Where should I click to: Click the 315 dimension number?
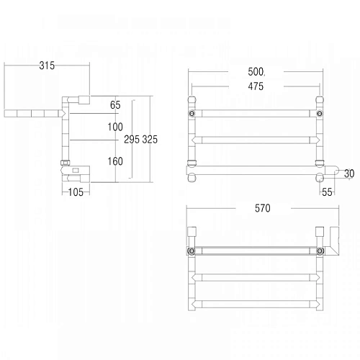tap(47, 66)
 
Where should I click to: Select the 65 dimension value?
tap(115, 105)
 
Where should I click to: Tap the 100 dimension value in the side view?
tap(115, 127)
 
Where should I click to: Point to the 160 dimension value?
tap(115, 161)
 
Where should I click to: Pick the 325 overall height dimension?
tap(150, 139)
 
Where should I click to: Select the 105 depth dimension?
tap(76, 192)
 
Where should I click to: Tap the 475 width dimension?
tap(255, 86)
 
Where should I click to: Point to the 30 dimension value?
tap(349, 173)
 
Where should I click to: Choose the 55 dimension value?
tap(327, 192)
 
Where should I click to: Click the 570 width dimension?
tap(262, 209)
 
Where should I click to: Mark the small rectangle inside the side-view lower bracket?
tap(74, 170)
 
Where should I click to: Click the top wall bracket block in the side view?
tap(84, 99)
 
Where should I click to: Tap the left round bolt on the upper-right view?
tap(192, 114)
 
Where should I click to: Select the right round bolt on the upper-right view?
tap(320, 114)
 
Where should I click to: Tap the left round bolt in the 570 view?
tap(192, 251)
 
